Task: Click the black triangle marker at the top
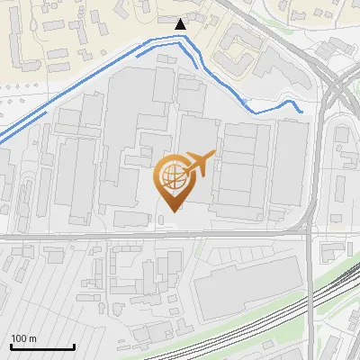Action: point(182,23)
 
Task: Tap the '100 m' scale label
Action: point(23,338)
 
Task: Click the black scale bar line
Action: point(42,347)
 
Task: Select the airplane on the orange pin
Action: point(199,165)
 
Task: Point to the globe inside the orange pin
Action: point(172,175)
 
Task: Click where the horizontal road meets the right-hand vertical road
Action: point(309,236)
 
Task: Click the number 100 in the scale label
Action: point(19,338)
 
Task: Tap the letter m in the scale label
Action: point(32,338)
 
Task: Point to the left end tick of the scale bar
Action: point(11,346)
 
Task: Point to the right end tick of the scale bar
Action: point(74,346)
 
